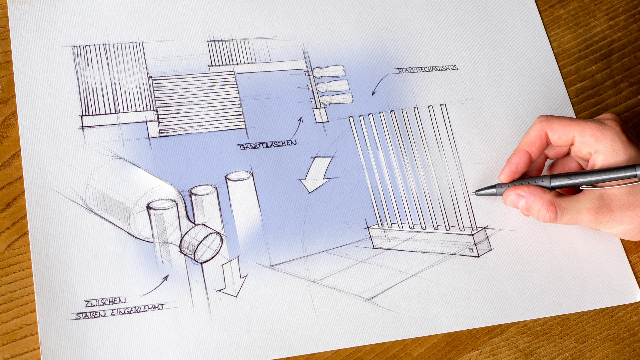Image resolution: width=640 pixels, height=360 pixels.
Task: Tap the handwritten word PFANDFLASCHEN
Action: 267,145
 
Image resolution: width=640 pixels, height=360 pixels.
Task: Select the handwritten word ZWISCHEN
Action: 105,302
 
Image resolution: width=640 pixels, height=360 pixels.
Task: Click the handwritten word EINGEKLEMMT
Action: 138,310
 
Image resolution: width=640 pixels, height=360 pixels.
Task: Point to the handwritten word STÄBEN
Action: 91,314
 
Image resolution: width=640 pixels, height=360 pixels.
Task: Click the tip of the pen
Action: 472,193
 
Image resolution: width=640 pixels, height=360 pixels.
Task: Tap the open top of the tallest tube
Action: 239,176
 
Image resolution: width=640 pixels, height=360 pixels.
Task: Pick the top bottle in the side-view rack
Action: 328,71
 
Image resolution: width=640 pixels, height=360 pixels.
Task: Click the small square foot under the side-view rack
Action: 321,115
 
